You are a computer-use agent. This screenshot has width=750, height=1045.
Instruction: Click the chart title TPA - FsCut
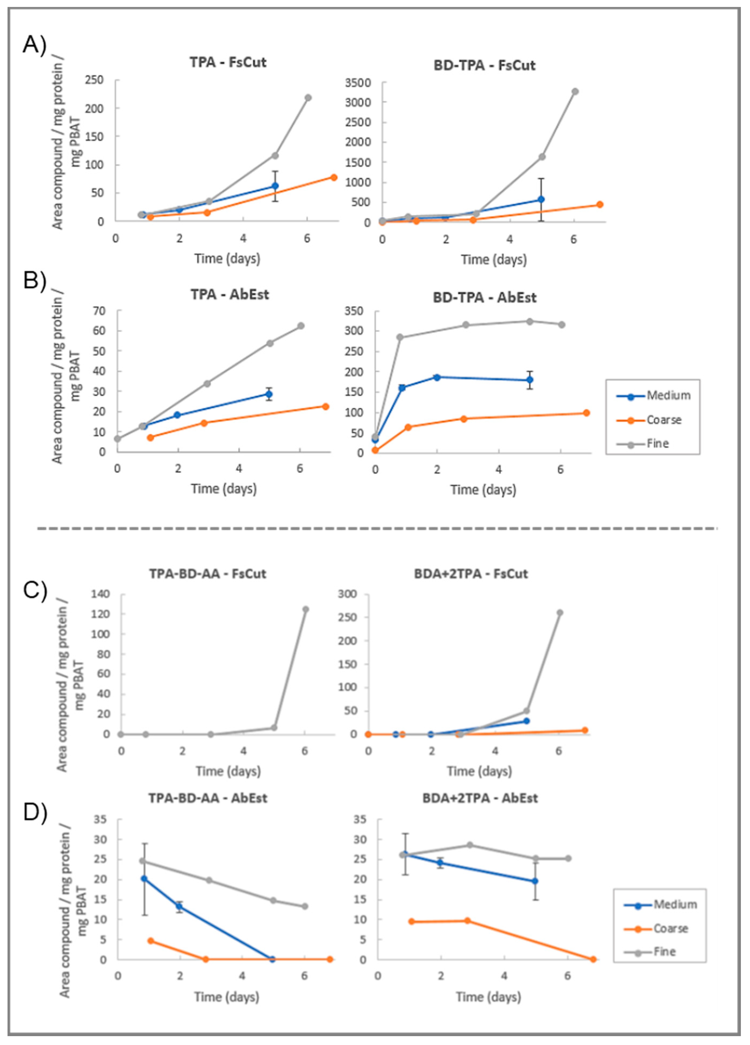click(228, 62)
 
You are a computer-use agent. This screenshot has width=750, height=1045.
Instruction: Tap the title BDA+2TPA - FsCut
click(481, 574)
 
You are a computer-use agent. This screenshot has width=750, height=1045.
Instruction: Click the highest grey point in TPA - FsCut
click(308, 98)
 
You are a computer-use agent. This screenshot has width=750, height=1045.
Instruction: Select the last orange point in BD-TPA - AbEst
click(586, 413)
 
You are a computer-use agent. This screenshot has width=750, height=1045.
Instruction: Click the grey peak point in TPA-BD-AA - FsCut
click(305, 609)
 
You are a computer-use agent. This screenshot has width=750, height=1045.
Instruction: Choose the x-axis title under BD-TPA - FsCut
click(494, 259)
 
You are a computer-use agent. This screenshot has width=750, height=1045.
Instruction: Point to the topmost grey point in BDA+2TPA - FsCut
click(560, 612)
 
